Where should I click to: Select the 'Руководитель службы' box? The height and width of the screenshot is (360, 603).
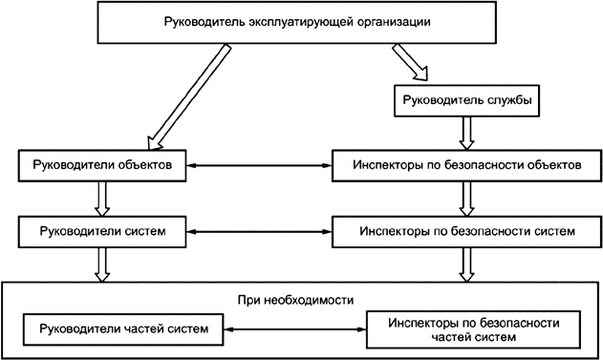(463, 98)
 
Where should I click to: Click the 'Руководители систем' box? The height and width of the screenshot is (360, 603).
(99, 231)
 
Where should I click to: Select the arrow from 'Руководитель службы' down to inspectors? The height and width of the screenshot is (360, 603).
(466, 130)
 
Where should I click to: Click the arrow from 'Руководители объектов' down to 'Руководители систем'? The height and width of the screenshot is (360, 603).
(100, 198)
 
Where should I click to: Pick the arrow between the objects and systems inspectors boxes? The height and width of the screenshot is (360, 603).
(466, 198)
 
